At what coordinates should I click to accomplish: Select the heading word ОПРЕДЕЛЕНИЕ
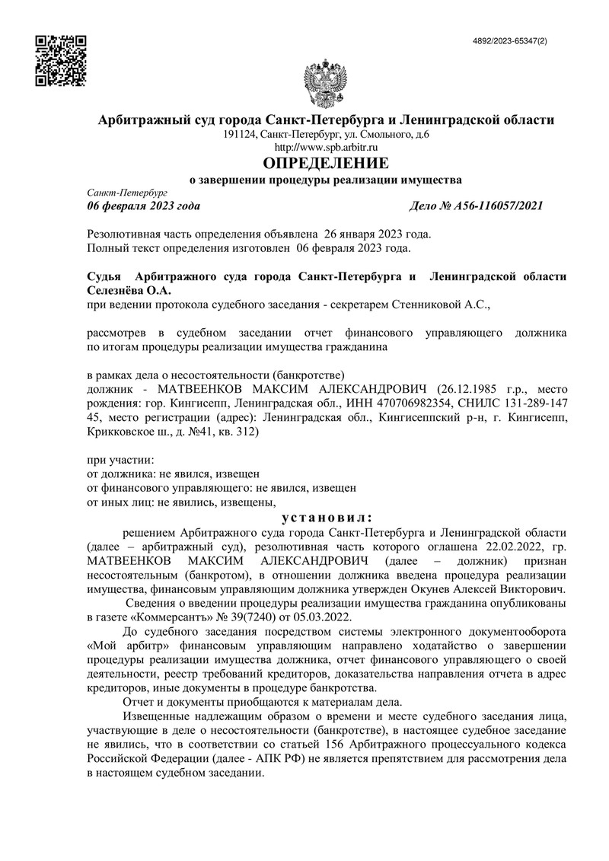[x=325, y=163]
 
